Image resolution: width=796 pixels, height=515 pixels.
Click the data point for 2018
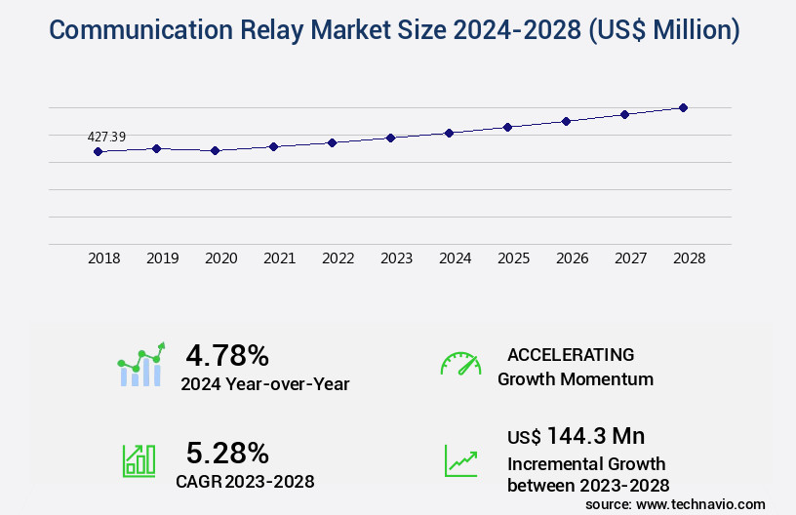(98, 151)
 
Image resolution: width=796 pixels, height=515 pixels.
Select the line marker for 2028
(683, 107)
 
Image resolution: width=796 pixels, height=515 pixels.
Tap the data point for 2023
(390, 138)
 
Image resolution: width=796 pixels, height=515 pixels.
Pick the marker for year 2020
(216, 150)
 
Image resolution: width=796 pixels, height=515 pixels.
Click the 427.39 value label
(106, 137)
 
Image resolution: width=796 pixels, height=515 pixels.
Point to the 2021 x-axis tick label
(280, 258)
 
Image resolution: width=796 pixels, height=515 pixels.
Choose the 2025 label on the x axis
(514, 258)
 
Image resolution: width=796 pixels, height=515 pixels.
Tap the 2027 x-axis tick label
(631, 258)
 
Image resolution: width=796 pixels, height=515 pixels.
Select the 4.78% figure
(227, 355)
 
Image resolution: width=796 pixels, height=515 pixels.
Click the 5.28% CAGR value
(227, 453)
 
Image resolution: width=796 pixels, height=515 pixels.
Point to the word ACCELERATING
(571, 354)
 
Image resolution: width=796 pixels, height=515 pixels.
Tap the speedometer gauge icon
(460, 364)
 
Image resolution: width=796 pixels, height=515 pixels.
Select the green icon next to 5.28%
(139, 460)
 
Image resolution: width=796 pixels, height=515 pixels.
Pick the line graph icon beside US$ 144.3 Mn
(460, 460)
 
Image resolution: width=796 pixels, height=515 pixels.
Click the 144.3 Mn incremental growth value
(595, 436)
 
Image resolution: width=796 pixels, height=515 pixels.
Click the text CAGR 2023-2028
(245, 481)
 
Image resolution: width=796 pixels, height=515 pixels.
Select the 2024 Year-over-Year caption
(264, 384)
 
